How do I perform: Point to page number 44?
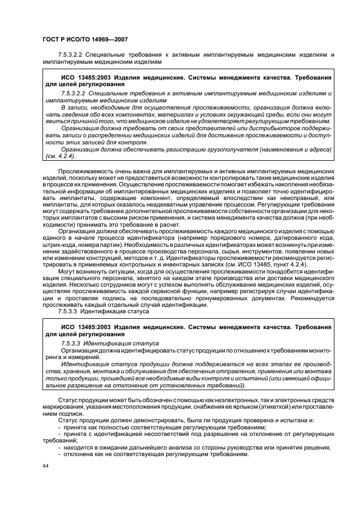(46, 467)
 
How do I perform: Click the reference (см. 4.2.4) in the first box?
(61, 156)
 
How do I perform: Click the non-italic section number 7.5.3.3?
(68, 313)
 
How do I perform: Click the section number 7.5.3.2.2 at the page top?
(74, 55)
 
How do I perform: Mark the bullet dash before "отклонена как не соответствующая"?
(59, 454)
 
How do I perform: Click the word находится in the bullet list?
(79, 448)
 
